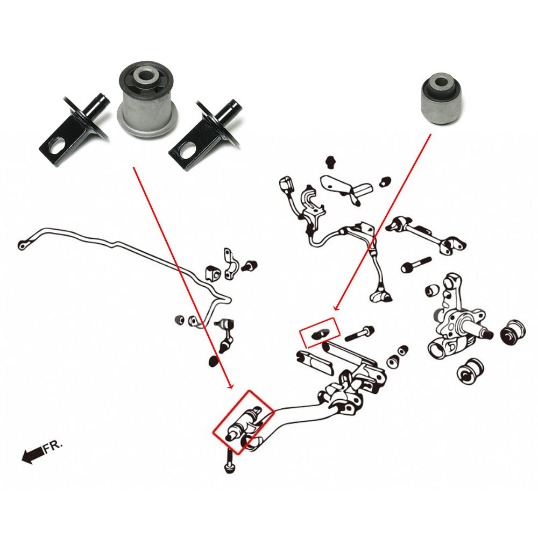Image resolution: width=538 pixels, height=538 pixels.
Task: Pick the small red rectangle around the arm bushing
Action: [x=320, y=332]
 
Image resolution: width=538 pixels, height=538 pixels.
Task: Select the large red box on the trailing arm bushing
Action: [x=243, y=422]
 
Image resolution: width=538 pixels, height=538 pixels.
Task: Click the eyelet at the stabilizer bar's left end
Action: [x=23, y=245]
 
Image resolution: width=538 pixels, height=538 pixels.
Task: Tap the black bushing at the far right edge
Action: [x=513, y=331]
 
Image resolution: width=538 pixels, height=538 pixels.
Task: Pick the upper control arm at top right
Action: [x=425, y=233]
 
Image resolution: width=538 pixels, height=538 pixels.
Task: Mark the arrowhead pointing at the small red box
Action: [x=335, y=308]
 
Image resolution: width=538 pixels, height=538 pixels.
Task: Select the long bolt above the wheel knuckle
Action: [x=416, y=265]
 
